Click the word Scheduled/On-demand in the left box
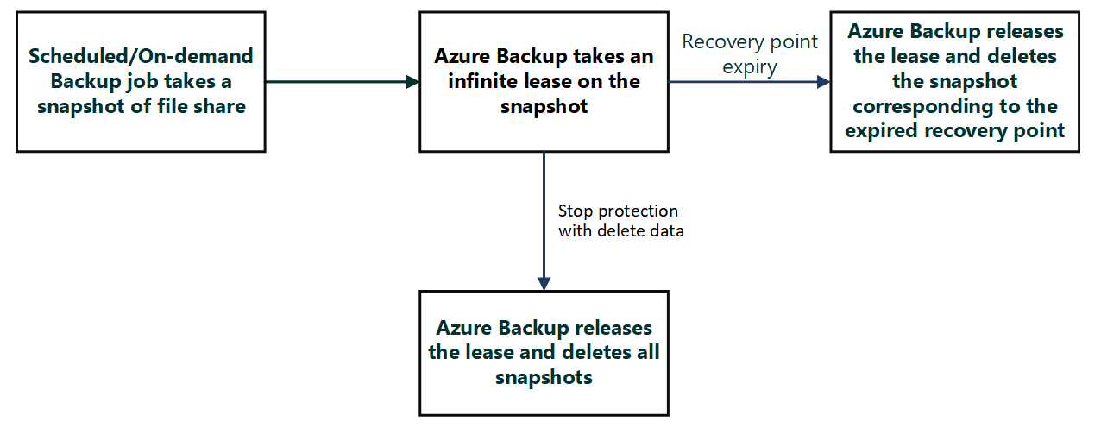141,57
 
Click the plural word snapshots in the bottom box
544,377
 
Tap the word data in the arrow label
664,231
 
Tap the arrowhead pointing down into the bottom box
544,284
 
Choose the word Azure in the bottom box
466,329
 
